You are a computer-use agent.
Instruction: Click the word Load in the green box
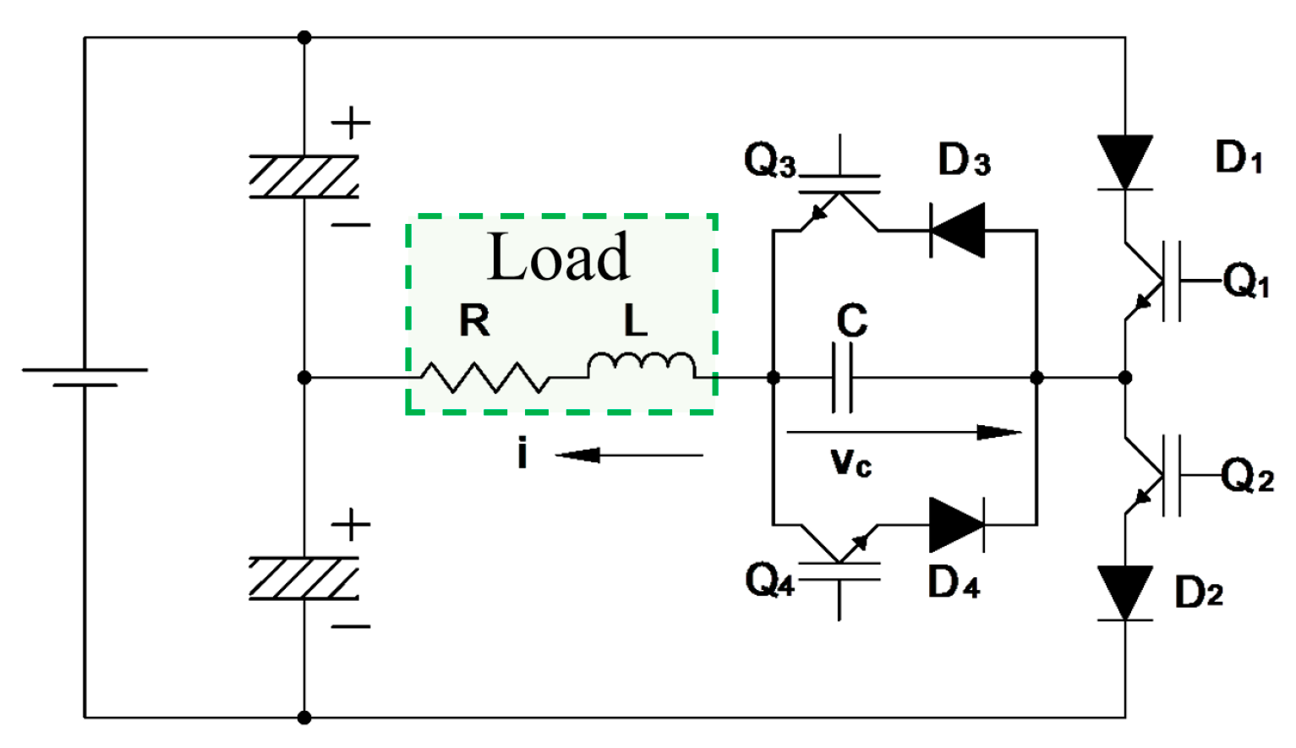click(x=559, y=257)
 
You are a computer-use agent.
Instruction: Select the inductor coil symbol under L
click(x=642, y=365)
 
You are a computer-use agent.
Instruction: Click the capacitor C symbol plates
click(x=843, y=377)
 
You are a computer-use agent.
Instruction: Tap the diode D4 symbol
click(x=956, y=525)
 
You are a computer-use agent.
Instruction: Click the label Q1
click(x=1247, y=280)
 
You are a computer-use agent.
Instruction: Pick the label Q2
click(x=1247, y=476)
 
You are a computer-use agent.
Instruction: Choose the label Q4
click(x=769, y=581)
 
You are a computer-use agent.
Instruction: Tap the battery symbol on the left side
click(x=85, y=377)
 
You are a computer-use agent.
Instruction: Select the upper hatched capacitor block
click(x=304, y=177)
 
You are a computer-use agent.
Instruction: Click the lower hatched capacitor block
click(x=304, y=578)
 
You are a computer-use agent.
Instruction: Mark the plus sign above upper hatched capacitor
click(x=351, y=123)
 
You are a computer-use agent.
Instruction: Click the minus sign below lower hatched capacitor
click(x=351, y=626)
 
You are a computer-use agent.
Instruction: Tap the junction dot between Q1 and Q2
click(x=1124, y=377)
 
